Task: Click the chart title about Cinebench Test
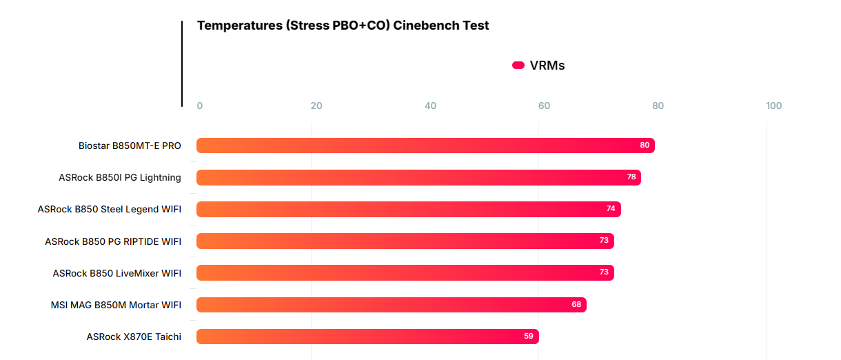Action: click(343, 26)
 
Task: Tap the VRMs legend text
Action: click(547, 66)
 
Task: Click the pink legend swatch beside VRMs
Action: click(518, 66)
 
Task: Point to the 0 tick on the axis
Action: click(200, 106)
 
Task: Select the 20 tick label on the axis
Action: click(316, 106)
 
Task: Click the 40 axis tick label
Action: click(430, 106)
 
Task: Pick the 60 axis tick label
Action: click(544, 106)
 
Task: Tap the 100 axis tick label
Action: click(773, 106)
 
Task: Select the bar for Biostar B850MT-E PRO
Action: click(414, 146)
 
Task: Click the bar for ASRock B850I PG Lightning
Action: click(414, 177)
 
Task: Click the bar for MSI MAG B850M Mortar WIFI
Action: click(386, 305)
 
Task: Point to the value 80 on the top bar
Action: click(645, 146)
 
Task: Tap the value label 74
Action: click(611, 209)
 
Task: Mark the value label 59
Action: click(529, 337)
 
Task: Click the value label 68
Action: click(576, 305)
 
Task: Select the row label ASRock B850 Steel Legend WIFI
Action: click(110, 209)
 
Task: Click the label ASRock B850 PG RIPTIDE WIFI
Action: click(113, 241)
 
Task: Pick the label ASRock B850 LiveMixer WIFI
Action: click(117, 273)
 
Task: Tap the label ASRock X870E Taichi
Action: click(134, 337)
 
